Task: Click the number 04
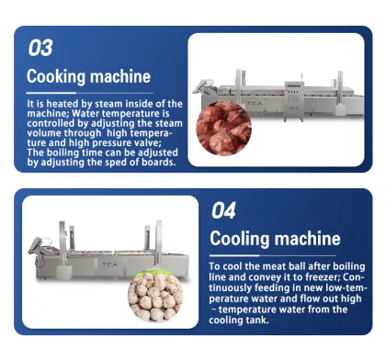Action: pyautogui.click(x=223, y=210)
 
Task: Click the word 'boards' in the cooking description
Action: pyautogui.click(x=154, y=163)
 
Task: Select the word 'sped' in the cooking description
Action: pyautogui.click(x=111, y=163)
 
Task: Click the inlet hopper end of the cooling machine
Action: pyautogui.click(x=35, y=246)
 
